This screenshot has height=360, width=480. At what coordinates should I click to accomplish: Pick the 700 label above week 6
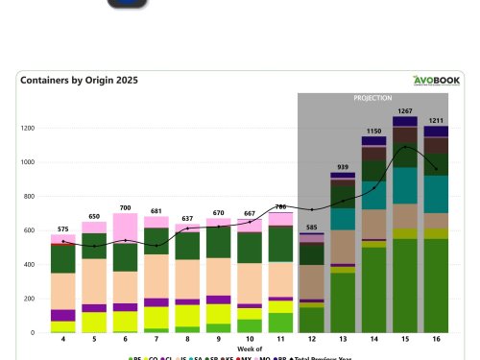[x=125, y=206]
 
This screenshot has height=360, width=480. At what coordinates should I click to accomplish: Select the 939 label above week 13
[x=343, y=166]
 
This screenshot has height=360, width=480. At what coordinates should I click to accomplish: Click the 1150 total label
[x=373, y=130]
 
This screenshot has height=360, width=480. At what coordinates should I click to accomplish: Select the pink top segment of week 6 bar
[x=125, y=228]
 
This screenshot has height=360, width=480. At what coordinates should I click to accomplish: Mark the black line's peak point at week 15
[x=405, y=147]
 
